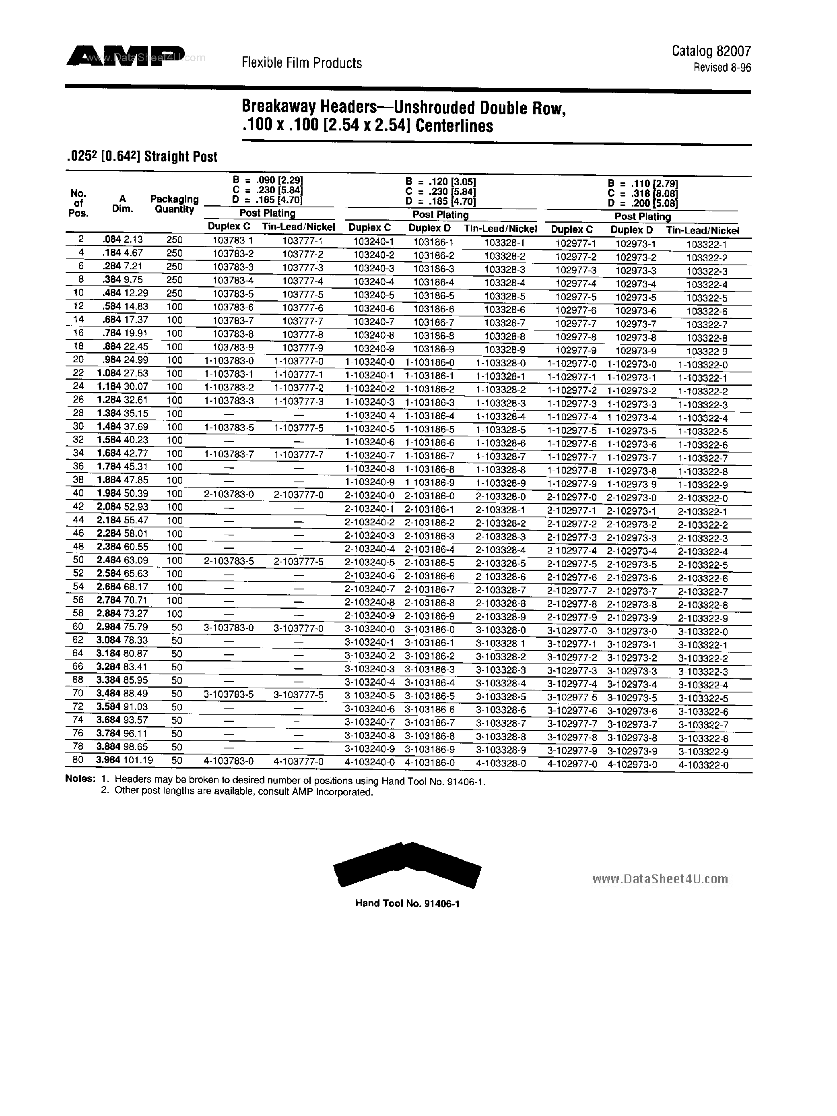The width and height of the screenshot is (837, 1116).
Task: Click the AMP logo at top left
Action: pyautogui.click(x=126, y=56)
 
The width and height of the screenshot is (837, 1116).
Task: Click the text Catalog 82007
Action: pyautogui.click(x=711, y=51)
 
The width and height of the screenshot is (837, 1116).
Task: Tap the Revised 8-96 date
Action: pyautogui.click(x=722, y=68)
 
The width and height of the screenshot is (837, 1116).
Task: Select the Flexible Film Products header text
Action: pyautogui.click(x=301, y=63)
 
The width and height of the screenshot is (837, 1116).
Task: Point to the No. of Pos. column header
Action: pyautogui.click(x=78, y=203)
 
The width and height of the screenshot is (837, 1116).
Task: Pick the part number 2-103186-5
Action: pyautogui.click(x=430, y=562)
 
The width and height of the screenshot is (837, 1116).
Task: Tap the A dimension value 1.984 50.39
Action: pyautogui.click(x=122, y=494)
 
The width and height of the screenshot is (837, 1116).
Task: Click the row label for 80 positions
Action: pyautogui.click(x=78, y=761)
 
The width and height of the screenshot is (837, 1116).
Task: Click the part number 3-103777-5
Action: pyautogui.click(x=299, y=695)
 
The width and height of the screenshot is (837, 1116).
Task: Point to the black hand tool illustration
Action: pyautogui.click(x=407, y=865)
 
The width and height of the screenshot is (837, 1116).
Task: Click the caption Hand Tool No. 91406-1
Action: pyautogui.click(x=407, y=903)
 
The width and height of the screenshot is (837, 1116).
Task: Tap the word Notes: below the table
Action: pyautogui.click(x=80, y=779)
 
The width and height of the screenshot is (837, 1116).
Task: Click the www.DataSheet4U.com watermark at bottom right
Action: pyautogui.click(x=660, y=879)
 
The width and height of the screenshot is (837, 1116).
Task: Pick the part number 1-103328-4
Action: pyautogui.click(x=501, y=417)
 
